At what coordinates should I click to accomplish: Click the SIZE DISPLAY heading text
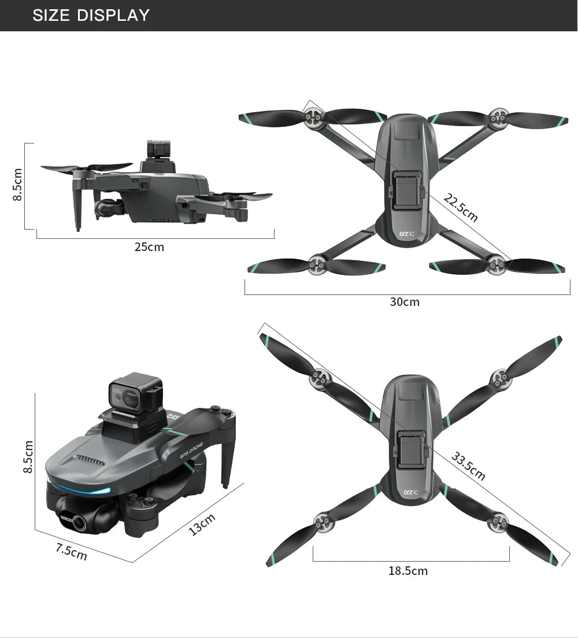tap(91, 15)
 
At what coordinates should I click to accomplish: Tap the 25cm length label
tap(149, 248)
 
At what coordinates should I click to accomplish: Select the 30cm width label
tap(405, 302)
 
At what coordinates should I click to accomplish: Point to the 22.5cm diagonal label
tap(461, 208)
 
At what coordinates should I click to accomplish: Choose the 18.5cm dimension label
tap(408, 571)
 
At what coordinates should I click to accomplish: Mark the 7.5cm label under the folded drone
tap(71, 552)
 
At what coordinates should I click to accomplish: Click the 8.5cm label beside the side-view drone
tap(17, 185)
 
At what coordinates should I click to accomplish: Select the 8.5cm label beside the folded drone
tap(27, 456)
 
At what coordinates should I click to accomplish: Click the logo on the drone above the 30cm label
tap(407, 234)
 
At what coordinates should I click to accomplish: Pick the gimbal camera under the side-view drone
tap(106, 207)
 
